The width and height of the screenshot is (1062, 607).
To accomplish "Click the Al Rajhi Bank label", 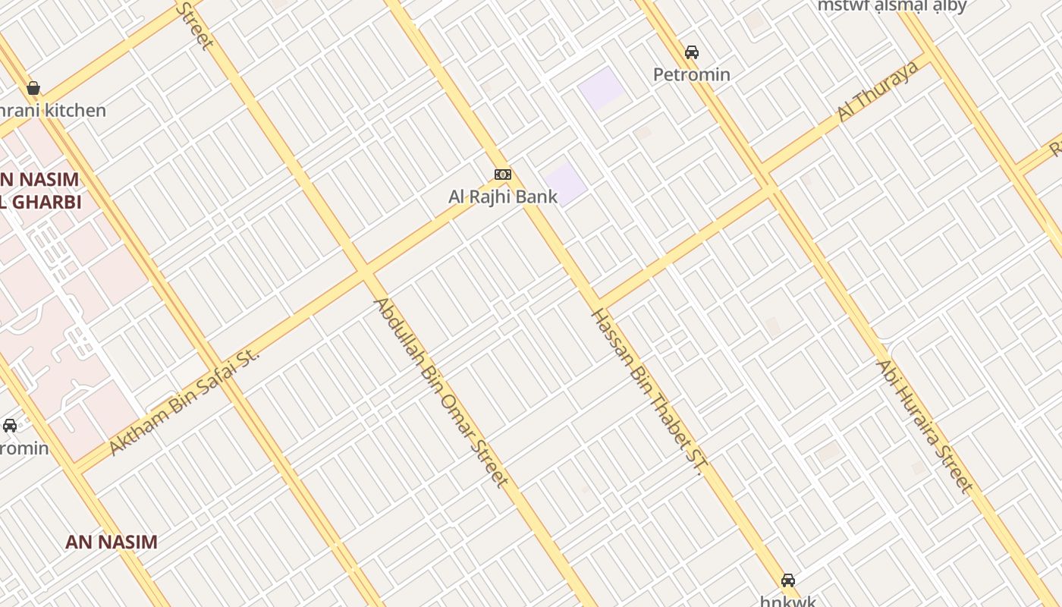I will [503, 197].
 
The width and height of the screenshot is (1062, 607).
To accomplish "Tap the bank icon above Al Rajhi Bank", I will [502, 175].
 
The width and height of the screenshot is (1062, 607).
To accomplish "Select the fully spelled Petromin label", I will [692, 74].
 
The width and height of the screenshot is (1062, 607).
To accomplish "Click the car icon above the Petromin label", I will [691, 52].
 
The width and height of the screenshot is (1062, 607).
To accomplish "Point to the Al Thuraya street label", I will [878, 91].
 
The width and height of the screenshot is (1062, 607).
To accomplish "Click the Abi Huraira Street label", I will [923, 426].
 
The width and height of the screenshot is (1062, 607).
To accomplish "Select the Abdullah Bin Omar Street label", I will [441, 392].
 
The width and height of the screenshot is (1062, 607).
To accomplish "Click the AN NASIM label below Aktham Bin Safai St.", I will [112, 542].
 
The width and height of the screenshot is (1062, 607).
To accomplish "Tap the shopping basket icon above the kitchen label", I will [33, 88].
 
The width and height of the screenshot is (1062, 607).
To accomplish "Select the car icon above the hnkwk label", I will [788, 580].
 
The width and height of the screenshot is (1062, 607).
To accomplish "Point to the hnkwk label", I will [788, 601].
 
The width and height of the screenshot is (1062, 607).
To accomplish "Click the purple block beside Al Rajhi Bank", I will [565, 183].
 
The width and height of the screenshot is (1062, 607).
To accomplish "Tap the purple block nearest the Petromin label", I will [602, 88].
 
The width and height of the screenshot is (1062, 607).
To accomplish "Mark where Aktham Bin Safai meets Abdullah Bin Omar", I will [366, 271].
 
